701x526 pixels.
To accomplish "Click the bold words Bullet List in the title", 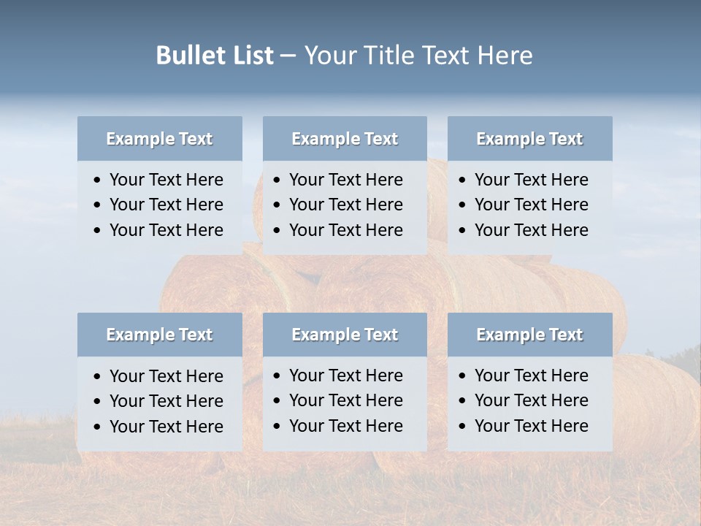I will pos(215,56).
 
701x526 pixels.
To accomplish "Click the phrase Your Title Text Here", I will pos(418,56).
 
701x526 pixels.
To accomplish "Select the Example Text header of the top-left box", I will pos(159,139).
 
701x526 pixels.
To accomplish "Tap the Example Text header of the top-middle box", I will pos(345,139).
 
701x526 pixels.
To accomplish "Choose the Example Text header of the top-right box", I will pos(529,139).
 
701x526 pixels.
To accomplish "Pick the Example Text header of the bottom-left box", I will pos(159,335).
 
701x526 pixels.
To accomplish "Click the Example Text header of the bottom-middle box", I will pos(345,335).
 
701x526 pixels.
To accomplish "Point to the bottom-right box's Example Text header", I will pos(529,335).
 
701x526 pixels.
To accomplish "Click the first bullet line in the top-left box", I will pos(166,180).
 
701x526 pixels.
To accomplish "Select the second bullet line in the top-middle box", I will pos(345,205).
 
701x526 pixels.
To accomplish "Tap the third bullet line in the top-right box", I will pos(531,230).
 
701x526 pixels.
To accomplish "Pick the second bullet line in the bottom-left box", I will pos(166,401).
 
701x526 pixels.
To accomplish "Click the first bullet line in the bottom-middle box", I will pos(345,376).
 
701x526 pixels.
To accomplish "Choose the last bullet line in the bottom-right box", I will pos(531,426).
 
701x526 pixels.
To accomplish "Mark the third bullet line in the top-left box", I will pos(166,230).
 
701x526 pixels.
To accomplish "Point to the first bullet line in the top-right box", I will pos(531,180).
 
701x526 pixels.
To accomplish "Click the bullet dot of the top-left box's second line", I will pos(98,205).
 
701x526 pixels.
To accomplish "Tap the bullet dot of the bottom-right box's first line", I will pos(463,376).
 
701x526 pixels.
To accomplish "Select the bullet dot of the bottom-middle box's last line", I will pos(277,427).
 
